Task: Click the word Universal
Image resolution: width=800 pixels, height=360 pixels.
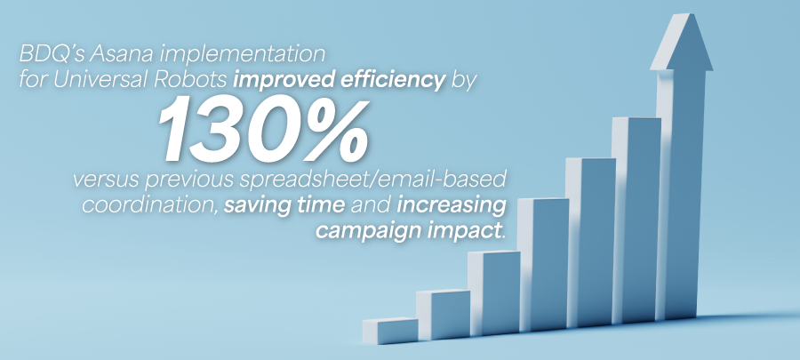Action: (x=95, y=80)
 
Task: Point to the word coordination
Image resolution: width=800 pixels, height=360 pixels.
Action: (x=150, y=205)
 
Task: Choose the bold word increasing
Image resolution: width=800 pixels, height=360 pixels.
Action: (x=452, y=206)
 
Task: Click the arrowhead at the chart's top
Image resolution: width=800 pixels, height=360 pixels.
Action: (x=681, y=42)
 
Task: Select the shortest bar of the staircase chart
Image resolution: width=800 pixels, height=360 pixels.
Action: (x=390, y=331)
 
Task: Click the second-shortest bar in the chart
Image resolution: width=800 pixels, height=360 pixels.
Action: (x=443, y=314)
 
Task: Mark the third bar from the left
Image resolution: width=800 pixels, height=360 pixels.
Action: (x=494, y=293)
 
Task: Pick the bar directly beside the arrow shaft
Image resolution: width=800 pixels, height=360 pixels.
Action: (x=636, y=220)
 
